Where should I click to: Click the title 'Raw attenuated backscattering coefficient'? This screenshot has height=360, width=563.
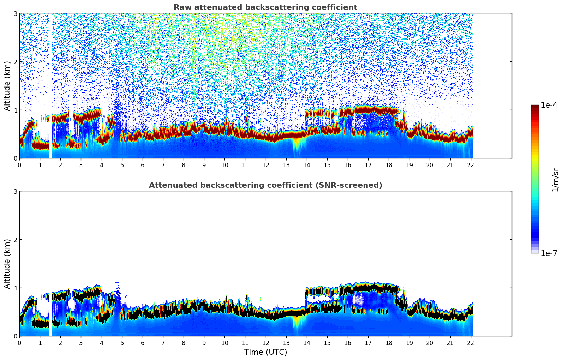tap(265, 7)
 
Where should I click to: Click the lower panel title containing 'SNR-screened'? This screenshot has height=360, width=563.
tap(265, 185)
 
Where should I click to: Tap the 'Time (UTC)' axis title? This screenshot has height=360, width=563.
tap(265, 352)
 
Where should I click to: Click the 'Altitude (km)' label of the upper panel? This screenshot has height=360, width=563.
tap(7, 86)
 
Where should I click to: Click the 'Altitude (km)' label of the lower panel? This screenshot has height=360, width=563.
tap(7, 264)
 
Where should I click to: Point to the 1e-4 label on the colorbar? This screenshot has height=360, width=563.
tap(549, 105)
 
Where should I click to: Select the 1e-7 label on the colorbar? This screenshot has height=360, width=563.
tap(549, 253)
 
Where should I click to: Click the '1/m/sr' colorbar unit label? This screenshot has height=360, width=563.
tap(555, 180)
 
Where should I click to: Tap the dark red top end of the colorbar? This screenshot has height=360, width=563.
tap(535, 107)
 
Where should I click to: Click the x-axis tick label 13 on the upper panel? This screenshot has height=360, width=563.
tap(286, 165)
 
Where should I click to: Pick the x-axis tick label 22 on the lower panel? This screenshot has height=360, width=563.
tap(471, 343)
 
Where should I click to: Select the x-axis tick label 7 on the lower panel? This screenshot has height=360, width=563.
tap(163, 343)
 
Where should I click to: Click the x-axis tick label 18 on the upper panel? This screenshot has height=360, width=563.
tap(389, 165)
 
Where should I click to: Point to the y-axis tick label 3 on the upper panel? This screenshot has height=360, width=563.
tap(16, 13)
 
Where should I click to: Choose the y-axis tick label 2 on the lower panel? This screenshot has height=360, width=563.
tap(16, 240)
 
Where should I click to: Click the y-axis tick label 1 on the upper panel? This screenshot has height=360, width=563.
tap(16, 110)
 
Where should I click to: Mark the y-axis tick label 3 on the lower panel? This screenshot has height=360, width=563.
tap(16, 191)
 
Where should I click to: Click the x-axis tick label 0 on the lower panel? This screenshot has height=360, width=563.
tap(19, 343)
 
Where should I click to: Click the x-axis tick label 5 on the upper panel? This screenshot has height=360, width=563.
tap(122, 165)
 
